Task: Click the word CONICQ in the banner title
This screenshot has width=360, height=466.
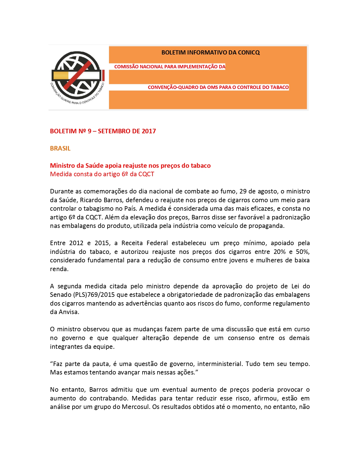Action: click(249, 53)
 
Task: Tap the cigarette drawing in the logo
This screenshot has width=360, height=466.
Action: click(76, 75)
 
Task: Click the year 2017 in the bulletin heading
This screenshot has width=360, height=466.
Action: click(149, 131)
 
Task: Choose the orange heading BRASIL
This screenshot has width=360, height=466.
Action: click(60, 148)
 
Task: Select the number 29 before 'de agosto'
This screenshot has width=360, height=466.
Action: click(243, 191)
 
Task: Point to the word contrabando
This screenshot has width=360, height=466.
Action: click(109, 398)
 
